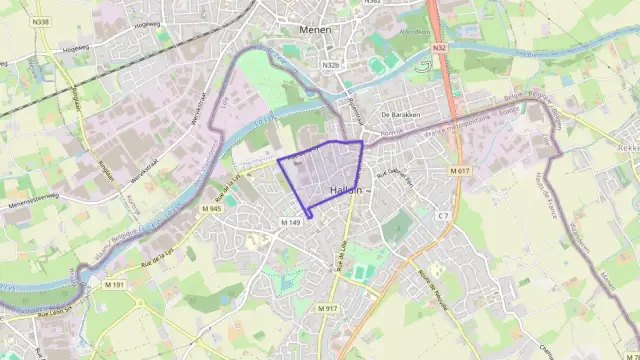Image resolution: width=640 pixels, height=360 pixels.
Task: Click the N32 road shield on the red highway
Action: pyautogui.click(x=440, y=47)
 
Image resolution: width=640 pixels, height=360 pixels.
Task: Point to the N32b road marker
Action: pyautogui.click(x=332, y=65)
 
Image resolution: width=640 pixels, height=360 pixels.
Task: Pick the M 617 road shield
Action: pyautogui.click(x=459, y=171)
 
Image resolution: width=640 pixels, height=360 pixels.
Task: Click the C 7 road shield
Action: pyautogui.click(x=442, y=216)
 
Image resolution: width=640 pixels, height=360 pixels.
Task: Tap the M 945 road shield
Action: pyautogui.click(x=210, y=208)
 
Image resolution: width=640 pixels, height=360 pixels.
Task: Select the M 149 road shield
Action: pyautogui.click(x=291, y=222)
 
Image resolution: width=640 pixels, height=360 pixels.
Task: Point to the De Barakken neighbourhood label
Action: pyautogui.click(x=398, y=115)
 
